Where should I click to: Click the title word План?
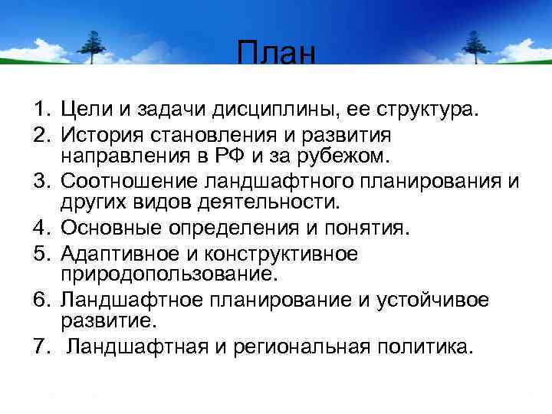tap(276, 54)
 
